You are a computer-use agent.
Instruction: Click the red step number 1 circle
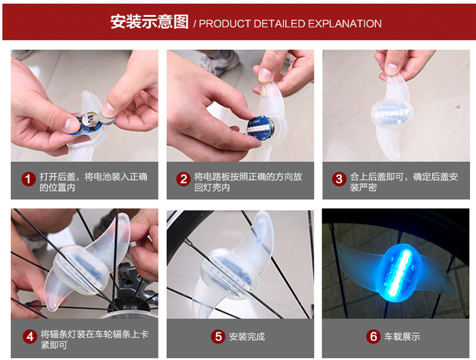(x=28, y=179)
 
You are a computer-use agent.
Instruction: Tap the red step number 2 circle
(x=183, y=179)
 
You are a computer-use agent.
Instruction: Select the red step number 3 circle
(x=339, y=179)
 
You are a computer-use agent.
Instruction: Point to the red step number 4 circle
(x=30, y=337)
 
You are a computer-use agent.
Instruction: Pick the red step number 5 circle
(x=218, y=337)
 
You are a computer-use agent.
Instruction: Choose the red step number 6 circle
(x=374, y=337)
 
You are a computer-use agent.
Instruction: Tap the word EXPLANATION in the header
(x=345, y=23)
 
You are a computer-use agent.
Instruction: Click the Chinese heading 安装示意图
(x=149, y=22)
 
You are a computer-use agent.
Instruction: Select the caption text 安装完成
(x=247, y=337)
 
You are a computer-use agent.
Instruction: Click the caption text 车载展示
(x=402, y=337)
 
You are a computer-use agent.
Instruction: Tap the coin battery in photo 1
(x=108, y=119)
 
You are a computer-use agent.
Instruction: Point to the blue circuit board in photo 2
(x=258, y=128)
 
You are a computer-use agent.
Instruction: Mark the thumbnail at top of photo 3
(x=392, y=69)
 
